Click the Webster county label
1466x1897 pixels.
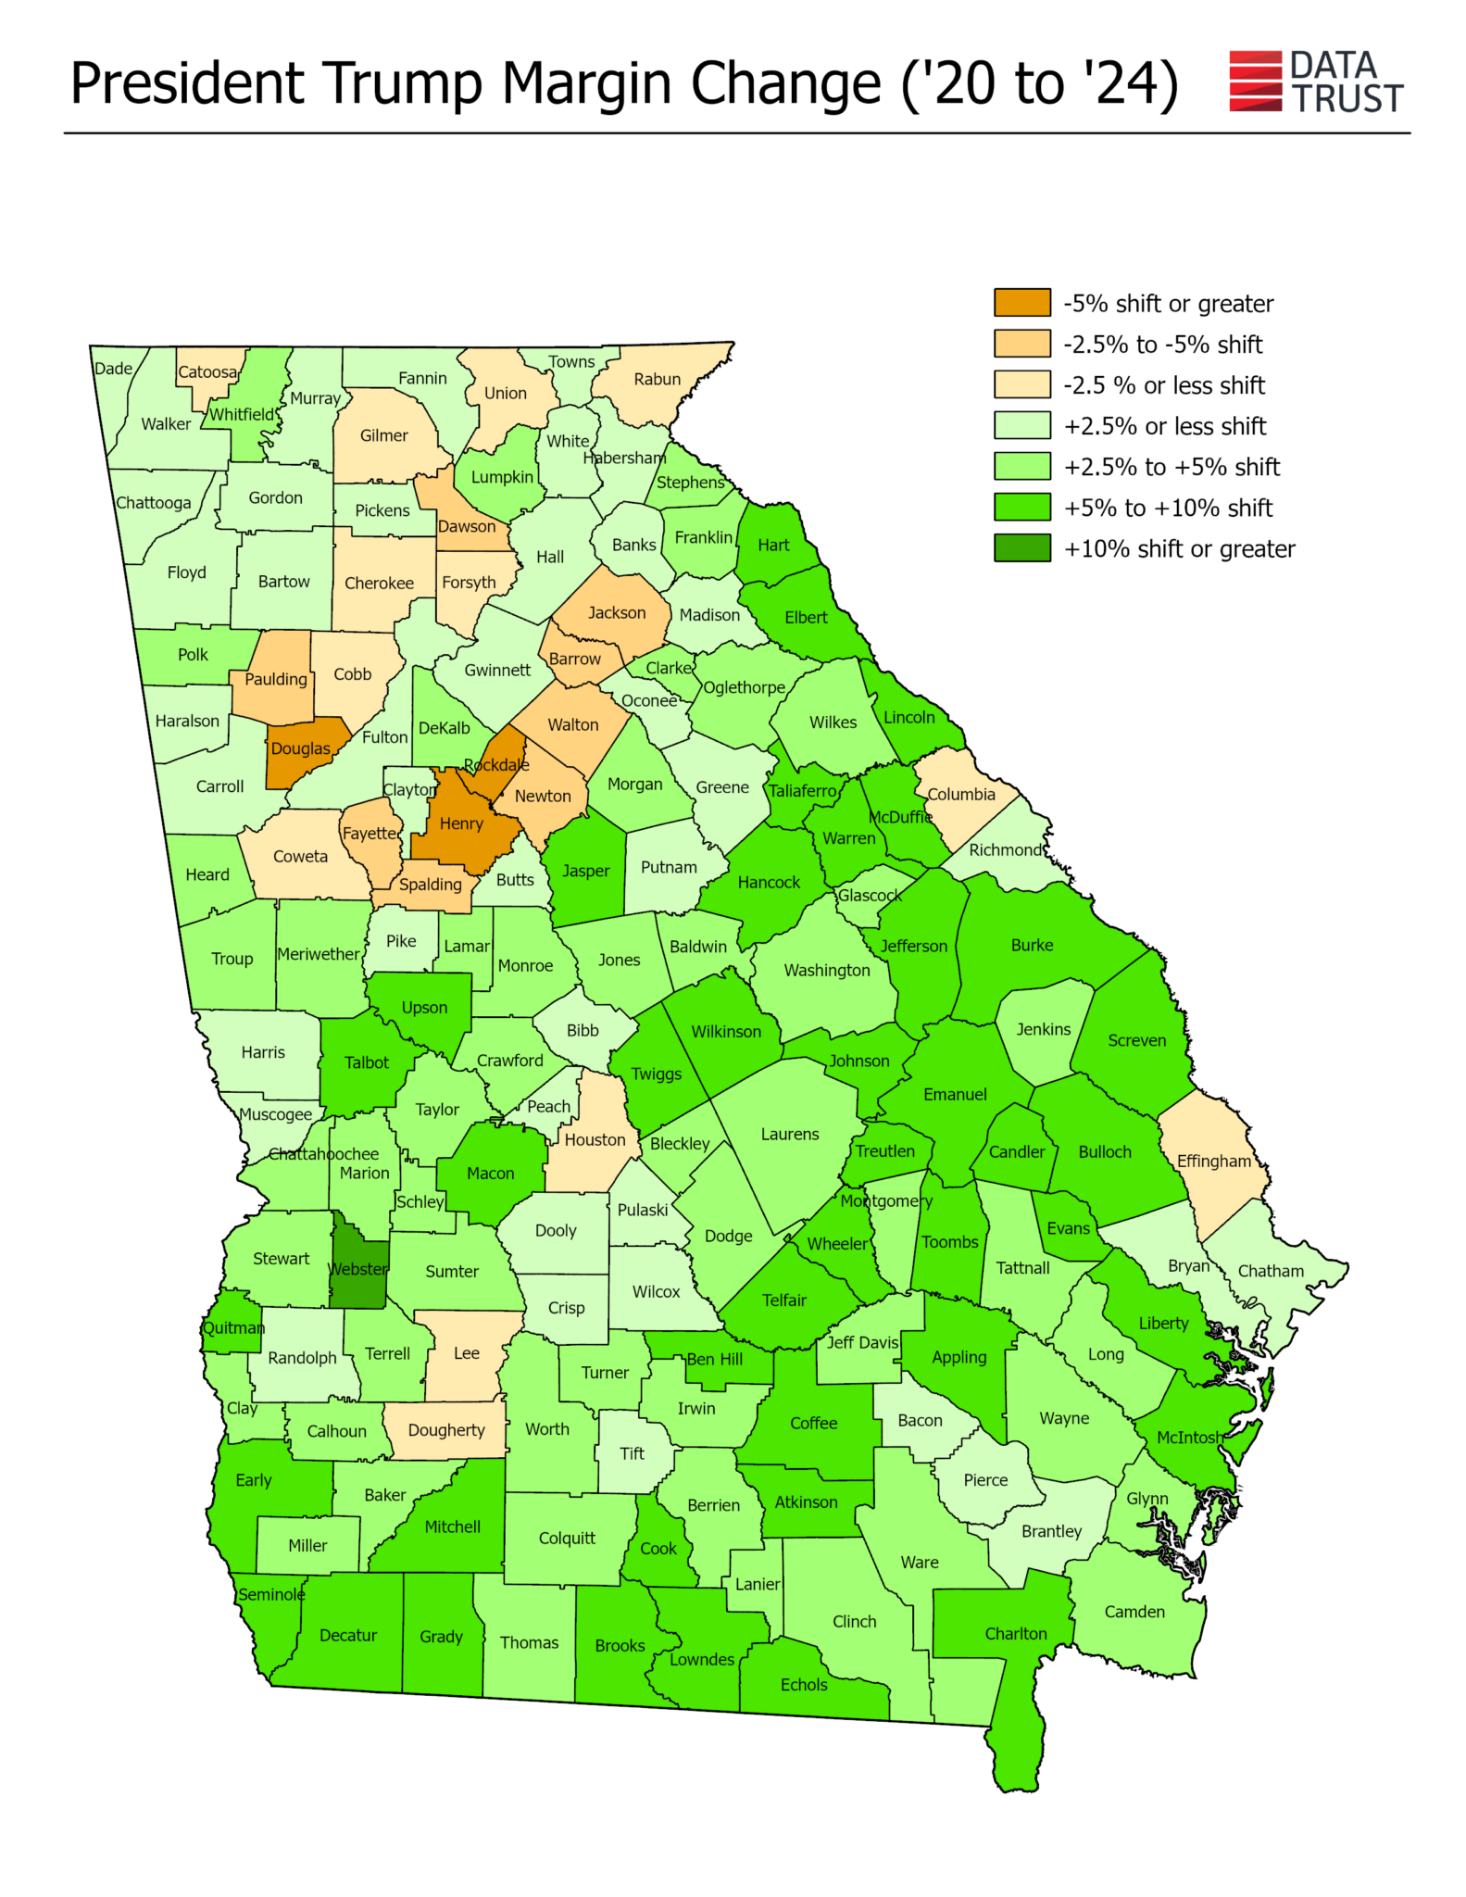tap(358, 1269)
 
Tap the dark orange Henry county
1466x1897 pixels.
tap(461, 823)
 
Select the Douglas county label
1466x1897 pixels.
tap(300, 748)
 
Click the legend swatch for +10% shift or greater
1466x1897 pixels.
tap(1022, 548)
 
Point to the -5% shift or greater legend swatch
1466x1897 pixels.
tap(1022, 303)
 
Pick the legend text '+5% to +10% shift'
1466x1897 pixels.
tap(1168, 508)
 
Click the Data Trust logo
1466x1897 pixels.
tap(1316, 82)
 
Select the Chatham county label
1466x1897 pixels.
tap(1271, 1271)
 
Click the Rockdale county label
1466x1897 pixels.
tap(496, 765)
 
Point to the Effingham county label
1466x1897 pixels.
tap(1213, 1161)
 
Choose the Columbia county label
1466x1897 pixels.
tap(961, 794)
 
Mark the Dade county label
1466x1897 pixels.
tap(113, 369)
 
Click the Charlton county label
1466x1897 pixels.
tap(1016, 1634)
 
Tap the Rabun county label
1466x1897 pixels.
tap(657, 379)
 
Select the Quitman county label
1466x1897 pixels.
tap(233, 1327)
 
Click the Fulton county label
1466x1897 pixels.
tap(384, 737)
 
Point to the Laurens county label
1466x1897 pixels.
tap(790, 1134)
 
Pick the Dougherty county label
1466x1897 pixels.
tap(446, 1430)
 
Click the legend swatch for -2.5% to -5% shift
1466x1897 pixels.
tap(1022, 344)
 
